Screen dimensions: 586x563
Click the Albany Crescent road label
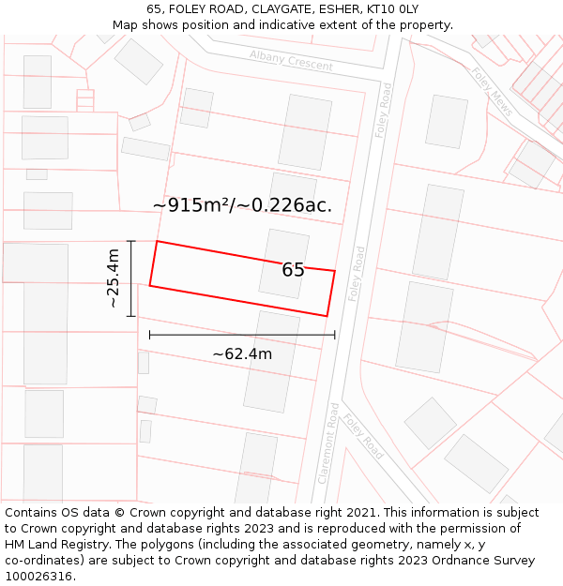tap(291, 61)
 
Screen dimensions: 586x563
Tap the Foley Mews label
tap(492, 91)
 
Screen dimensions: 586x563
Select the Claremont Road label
tap(327, 443)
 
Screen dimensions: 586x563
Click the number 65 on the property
tap(293, 270)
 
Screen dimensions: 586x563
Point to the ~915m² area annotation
tap(242, 205)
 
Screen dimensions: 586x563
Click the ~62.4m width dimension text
tap(242, 353)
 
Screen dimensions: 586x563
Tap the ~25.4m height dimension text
tap(113, 278)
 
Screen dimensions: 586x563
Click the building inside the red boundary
tap(283, 263)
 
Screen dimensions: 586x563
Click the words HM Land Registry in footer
tap(51, 545)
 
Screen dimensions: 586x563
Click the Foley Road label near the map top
tap(383, 110)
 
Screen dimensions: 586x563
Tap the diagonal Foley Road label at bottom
tap(362, 436)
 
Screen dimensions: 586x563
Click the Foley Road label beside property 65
tap(357, 274)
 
